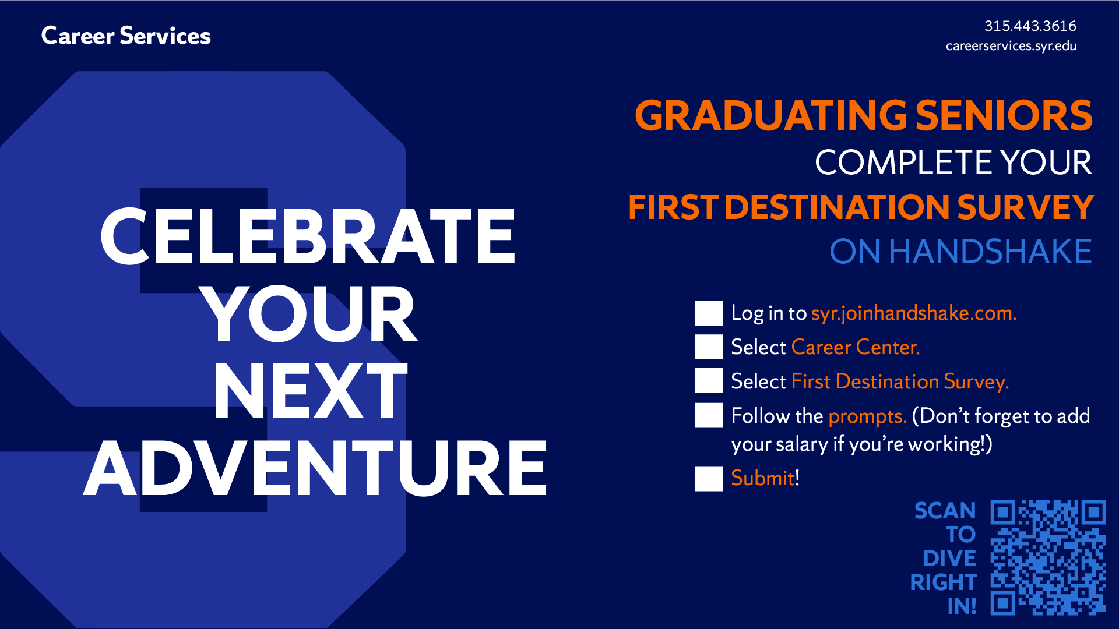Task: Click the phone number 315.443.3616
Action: (x=1030, y=26)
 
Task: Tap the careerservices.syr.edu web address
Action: (x=1011, y=46)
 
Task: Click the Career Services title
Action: (x=126, y=36)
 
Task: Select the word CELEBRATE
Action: (x=308, y=236)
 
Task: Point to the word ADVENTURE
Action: (x=315, y=468)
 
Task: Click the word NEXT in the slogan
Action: (x=310, y=390)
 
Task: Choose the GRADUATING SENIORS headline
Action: (x=864, y=115)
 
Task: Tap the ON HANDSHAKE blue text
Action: (x=960, y=252)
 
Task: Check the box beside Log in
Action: (x=709, y=313)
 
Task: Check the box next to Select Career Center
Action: (x=709, y=347)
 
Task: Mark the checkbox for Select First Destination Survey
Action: (x=709, y=381)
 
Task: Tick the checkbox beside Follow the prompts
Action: (x=709, y=416)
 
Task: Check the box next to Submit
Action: (x=709, y=479)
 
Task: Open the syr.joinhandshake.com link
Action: (x=914, y=314)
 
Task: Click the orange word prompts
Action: (x=867, y=416)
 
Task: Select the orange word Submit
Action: (x=763, y=478)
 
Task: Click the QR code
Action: (x=1048, y=557)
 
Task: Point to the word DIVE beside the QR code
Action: (x=949, y=559)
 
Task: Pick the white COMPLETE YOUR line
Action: (x=953, y=162)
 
